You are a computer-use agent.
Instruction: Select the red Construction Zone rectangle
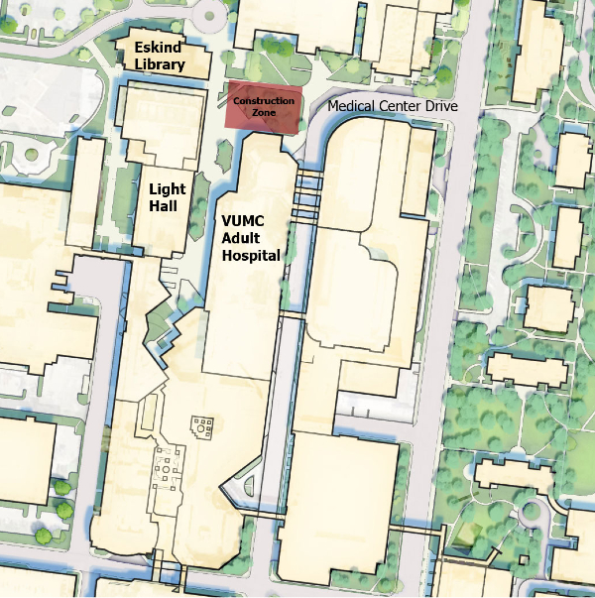coord(263,107)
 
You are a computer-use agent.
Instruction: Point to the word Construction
coord(263,101)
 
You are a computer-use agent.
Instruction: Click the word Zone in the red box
coord(263,113)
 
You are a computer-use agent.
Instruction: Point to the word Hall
coord(165,205)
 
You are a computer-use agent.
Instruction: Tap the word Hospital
coord(251,255)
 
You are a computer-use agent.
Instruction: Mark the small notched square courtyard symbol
coord(202,429)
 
